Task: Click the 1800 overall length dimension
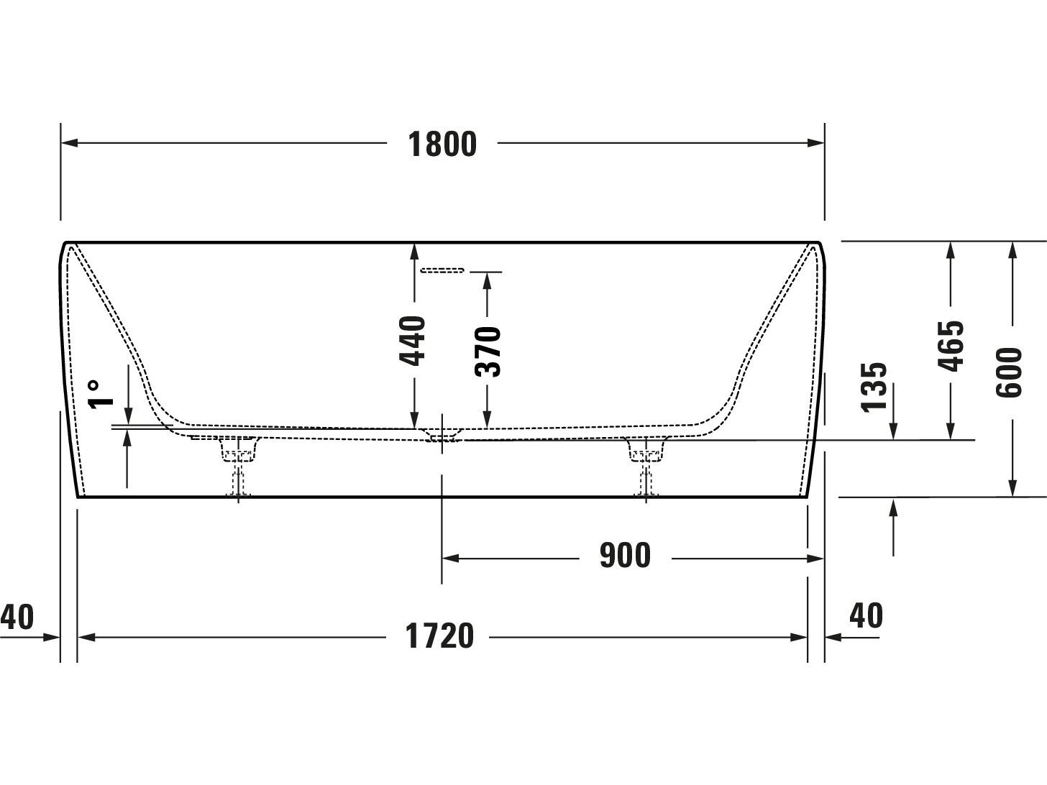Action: (x=442, y=144)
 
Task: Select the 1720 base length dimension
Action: (x=440, y=637)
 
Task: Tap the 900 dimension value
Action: (x=625, y=556)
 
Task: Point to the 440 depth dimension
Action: (x=413, y=340)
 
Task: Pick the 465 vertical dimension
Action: (x=951, y=346)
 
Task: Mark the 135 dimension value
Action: (x=874, y=387)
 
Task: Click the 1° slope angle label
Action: (x=101, y=394)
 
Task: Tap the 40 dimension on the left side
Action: (x=17, y=617)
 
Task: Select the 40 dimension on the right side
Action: (x=866, y=615)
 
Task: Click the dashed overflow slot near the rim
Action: (x=442, y=270)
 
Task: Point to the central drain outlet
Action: (x=442, y=435)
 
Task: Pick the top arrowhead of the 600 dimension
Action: (x=1012, y=249)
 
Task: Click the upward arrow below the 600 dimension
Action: (x=893, y=509)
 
